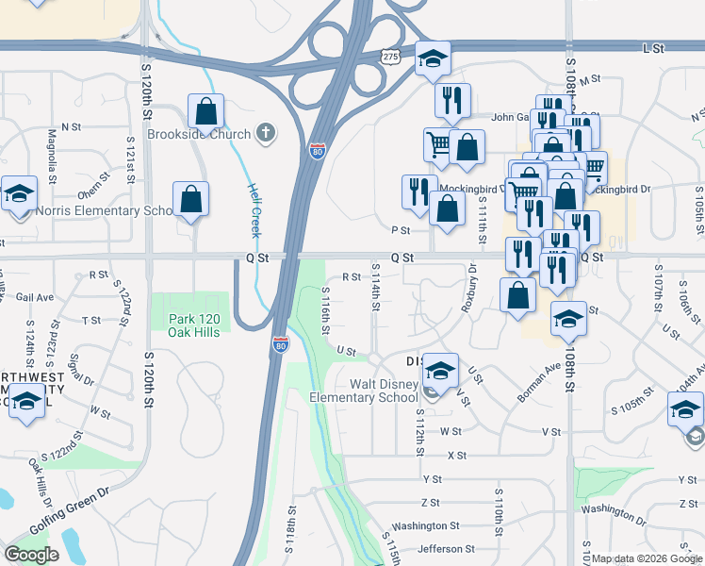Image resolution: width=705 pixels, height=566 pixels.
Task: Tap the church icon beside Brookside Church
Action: click(x=266, y=133)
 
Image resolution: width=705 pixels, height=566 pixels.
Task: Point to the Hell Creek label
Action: click(x=254, y=209)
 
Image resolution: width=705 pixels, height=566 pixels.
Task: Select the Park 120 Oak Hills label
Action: click(x=193, y=326)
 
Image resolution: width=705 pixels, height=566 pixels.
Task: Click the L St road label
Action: click(x=652, y=46)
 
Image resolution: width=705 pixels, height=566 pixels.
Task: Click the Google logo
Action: click(x=30, y=555)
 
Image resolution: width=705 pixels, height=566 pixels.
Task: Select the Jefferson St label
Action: click(x=447, y=549)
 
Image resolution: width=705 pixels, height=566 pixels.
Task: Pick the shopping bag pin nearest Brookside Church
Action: click(x=205, y=112)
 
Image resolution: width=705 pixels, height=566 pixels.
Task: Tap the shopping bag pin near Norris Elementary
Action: click(x=190, y=200)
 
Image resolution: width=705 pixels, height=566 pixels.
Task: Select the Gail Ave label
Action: click(x=35, y=296)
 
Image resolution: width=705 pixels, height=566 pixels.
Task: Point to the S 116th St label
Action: click(x=324, y=310)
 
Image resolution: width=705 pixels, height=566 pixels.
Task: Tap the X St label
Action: click(x=457, y=456)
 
